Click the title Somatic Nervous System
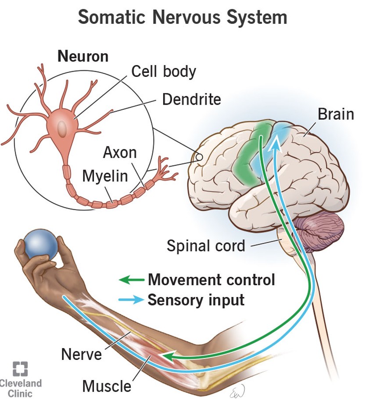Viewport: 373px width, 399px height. click(x=182, y=18)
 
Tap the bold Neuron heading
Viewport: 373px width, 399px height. click(x=83, y=56)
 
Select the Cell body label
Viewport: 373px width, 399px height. click(x=163, y=71)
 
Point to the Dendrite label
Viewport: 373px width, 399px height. click(x=191, y=99)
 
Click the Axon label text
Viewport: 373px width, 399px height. click(x=120, y=152)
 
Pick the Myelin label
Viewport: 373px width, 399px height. click(x=105, y=176)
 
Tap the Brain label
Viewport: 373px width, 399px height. click(x=335, y=114)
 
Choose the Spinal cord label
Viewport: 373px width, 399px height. click(x=206, y=246)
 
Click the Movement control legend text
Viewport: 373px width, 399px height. click(x=211, y=279)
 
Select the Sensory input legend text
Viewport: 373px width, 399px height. click(x=196, y=300)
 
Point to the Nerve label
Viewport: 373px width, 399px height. click(x=82, y=354)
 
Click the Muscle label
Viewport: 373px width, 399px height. click(x=107, y=386)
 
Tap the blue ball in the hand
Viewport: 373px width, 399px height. click(x=40, y=244)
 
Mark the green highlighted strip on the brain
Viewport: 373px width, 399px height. click(x=250, y=154)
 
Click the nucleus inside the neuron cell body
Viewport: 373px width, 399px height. click(x=63, y=128)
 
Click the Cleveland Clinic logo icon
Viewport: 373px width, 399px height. click(x=20, y=369)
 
